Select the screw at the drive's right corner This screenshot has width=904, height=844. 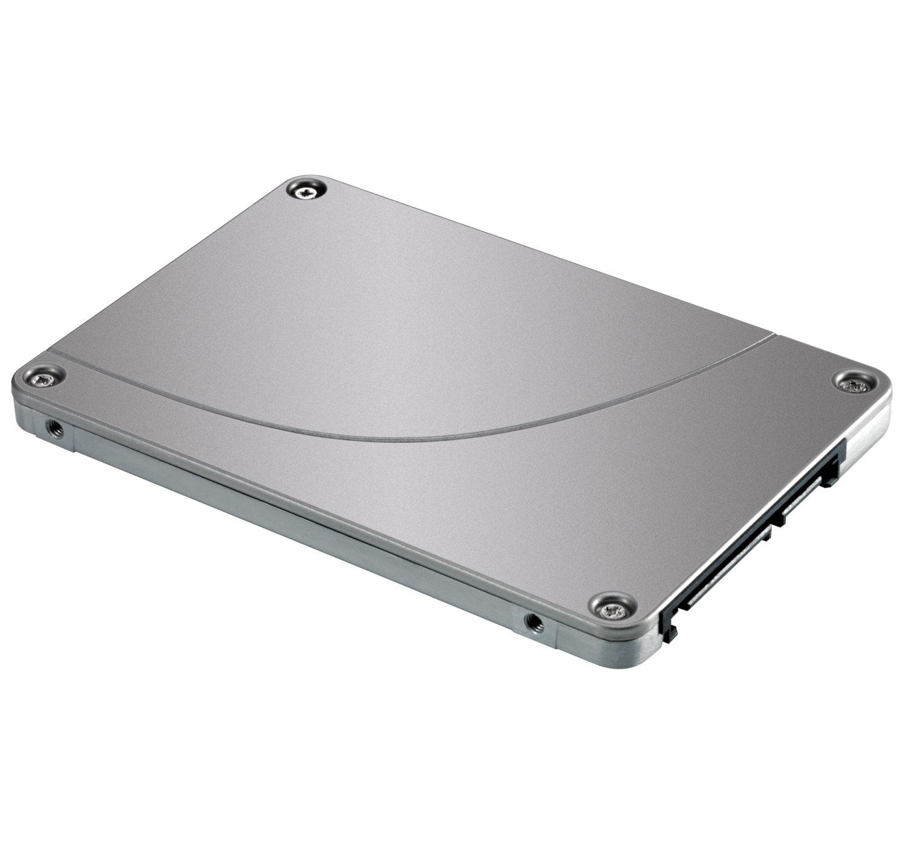(x=856, y=383)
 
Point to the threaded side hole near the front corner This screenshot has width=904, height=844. (x=533, y=622)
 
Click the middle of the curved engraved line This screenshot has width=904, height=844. (x=422, y=435)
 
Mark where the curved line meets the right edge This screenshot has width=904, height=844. (x=771, y=335)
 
